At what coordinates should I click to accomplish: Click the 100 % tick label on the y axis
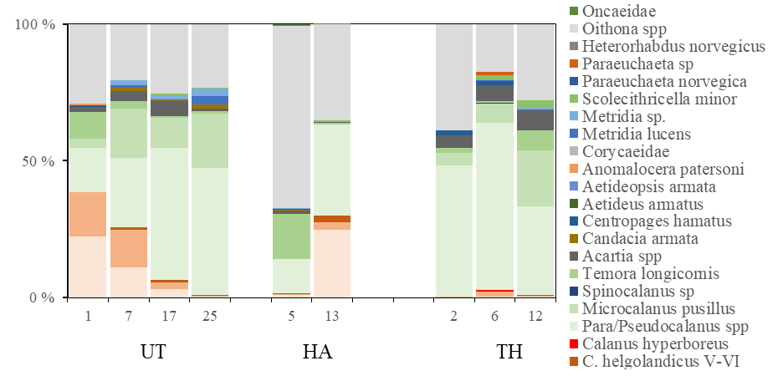(35, 24)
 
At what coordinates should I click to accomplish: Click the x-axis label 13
(332, 317)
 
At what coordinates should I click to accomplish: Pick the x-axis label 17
(170, 317)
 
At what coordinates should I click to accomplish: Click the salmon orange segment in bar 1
(88, 214)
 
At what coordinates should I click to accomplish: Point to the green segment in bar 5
(291, 236)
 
